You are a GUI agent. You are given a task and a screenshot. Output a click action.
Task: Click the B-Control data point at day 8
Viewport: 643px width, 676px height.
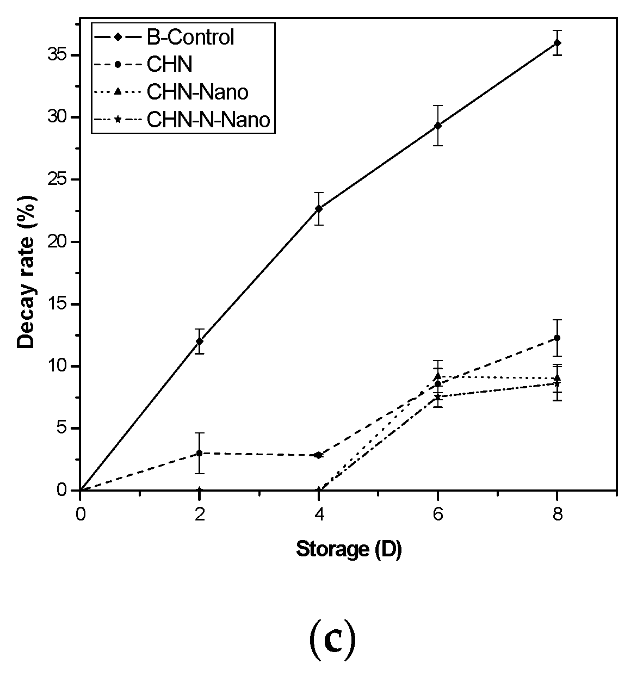557,42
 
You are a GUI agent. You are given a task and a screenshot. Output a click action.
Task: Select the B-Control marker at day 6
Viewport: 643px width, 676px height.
438,126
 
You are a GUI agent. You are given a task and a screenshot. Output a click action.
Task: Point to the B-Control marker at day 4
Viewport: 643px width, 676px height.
319,208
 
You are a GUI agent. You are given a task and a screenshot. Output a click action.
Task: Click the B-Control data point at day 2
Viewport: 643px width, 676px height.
200,341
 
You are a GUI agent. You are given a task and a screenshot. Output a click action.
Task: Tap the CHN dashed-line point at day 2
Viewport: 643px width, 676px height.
200,453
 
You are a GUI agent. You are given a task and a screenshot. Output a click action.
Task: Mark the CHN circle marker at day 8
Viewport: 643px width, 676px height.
557,338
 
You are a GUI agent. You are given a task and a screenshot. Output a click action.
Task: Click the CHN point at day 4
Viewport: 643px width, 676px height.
319,455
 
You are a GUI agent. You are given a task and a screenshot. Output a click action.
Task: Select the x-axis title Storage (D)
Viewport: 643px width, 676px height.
349,550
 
